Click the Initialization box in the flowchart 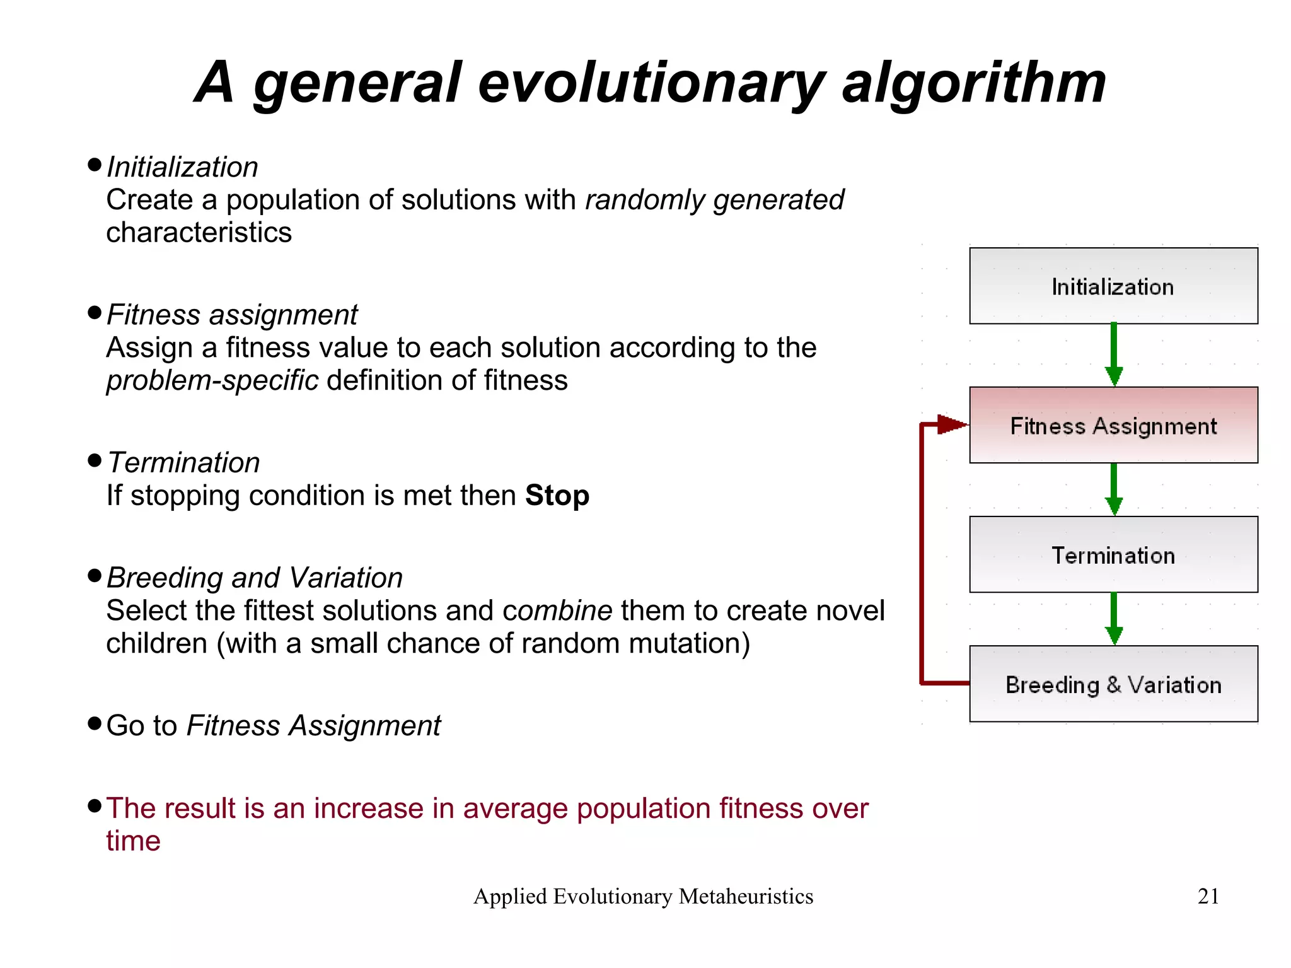pos(1113,286)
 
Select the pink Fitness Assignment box pos(1113,426)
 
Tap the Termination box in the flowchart pos(1113,555)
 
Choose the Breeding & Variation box pos(1113,684)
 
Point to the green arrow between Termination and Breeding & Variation pos(1114,619)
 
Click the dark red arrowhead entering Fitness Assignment pos(951,424)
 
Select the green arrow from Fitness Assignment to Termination pos(1114,489)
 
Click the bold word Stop pos(557,496)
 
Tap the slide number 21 pos(1208,896)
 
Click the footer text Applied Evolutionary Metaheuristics pos(643,896)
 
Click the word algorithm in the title pos(974,83)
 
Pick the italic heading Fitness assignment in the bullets pos(232,315)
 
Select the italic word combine pos(557,610)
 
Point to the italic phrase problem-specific pos(212,381)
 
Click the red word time pos(133,841)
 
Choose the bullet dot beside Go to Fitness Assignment pos(95,723)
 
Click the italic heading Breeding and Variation pos(255,578)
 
